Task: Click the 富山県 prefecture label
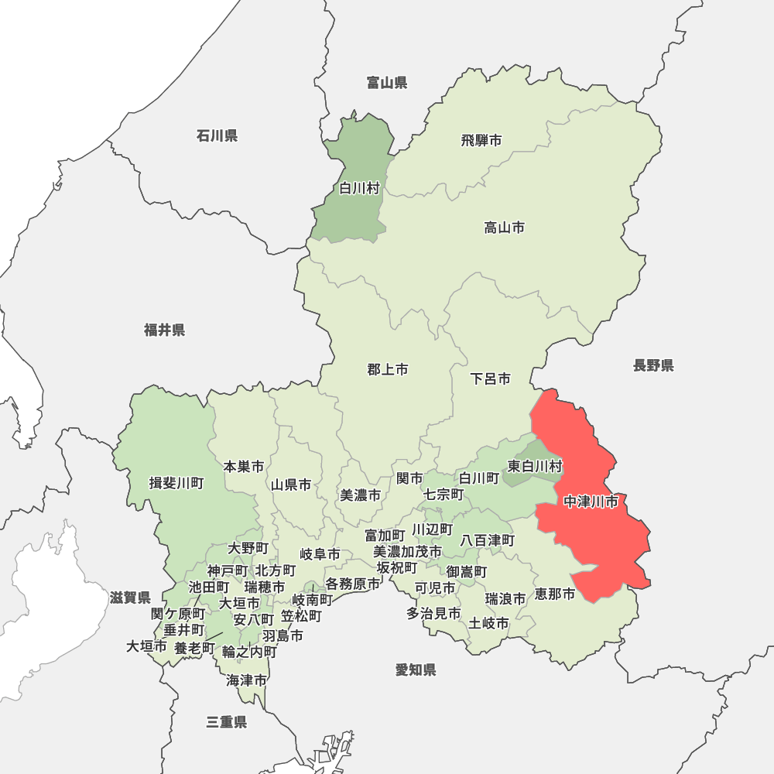[x=387, y=83]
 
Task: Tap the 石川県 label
[x=217, y=136]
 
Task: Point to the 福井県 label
[x=165, y=330]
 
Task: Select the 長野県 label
[x=653, y=365]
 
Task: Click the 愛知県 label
[x=416, y=670]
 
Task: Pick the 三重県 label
[x=227, y=722]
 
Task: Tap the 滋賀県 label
[x=130, y=598]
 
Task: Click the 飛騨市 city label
[x=481, y=141]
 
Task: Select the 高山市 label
[x=505, y=228]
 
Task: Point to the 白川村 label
[x=360, y=188]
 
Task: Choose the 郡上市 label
[x=388, y=370]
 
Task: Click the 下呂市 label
[x=491, y=379]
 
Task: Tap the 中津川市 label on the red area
[x=591, y=502]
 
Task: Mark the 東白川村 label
[x=535, y=466]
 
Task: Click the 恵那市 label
[x=555, y=594]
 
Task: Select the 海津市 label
[x=247, y=681]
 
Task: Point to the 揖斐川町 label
[x=176, y=484]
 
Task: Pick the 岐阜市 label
[x=320, y=554]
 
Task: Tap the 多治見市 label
[x=434, y=614]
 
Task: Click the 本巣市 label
[x=244, y=467]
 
